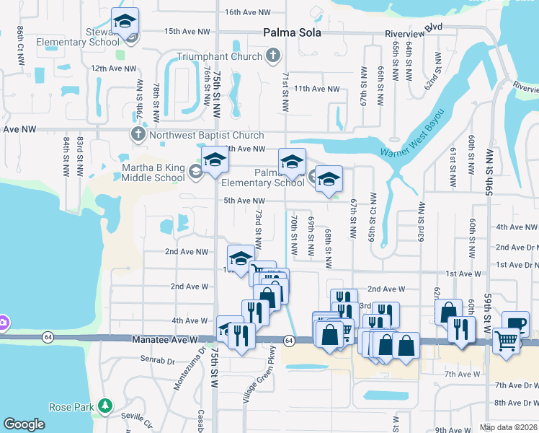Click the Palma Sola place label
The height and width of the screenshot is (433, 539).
coord(291,33)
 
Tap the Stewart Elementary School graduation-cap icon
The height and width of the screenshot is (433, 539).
coord(125,22)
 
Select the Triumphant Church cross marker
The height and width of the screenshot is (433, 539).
coord(273,56)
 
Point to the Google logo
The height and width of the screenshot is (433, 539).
coord(24,424)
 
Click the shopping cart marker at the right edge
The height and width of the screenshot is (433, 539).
coord(507,340)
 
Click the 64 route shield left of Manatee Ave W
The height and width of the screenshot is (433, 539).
coord(48,337)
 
